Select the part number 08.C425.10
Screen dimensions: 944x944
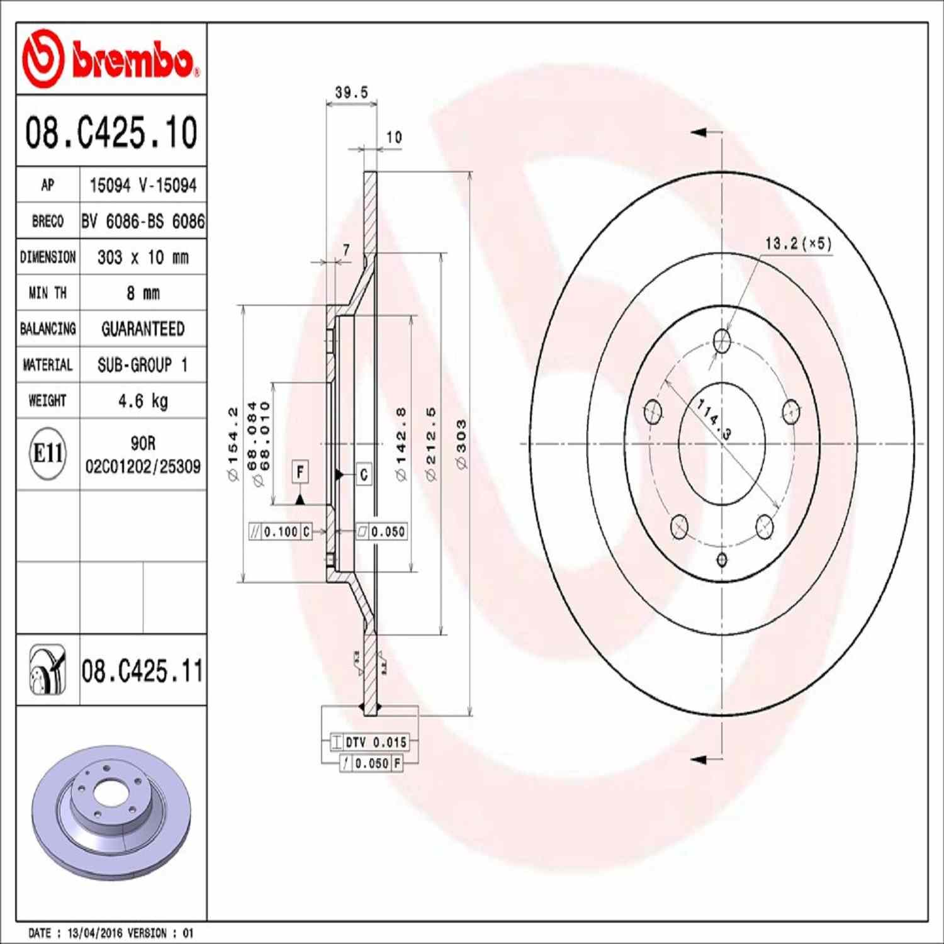tap(111, 132)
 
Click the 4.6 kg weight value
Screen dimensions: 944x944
tap(143, 401)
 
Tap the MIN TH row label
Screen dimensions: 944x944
tap(48, 293)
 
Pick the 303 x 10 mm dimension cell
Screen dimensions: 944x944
tap(143, 257)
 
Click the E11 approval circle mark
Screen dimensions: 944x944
tap(48, 453)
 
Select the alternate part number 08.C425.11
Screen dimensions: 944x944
tap(142, 671)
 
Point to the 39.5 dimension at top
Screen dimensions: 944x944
tap(351, 93)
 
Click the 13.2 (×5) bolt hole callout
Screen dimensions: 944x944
tap(798, 244)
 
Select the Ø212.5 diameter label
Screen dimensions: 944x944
tap(431, 444)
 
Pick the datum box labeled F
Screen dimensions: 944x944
tap(301, 471)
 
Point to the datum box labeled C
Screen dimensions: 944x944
tap(364, 475)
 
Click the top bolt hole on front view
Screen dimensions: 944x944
tap(722, 342)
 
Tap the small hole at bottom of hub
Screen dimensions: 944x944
tap(722, 559)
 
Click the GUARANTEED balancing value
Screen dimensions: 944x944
tap(143, 329)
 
